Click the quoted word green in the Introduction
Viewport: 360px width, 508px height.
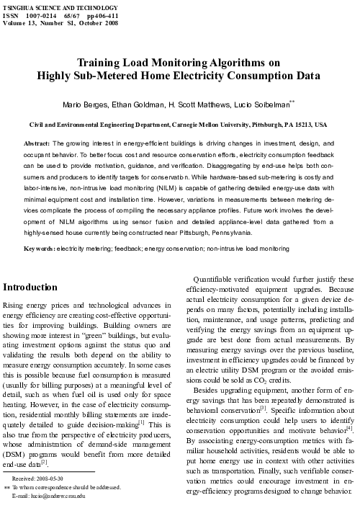116,335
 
